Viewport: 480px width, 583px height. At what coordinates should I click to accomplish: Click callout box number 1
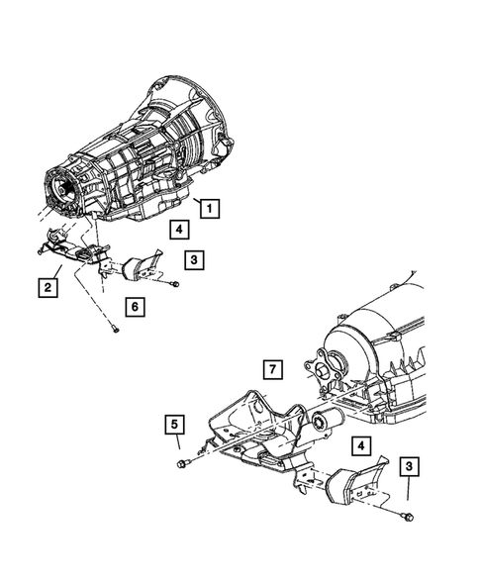pos(208,208)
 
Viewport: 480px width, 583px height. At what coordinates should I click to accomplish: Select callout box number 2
pos(47,288)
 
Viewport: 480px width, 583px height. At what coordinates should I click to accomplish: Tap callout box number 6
pos(134,306)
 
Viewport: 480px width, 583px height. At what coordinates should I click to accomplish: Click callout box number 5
pos(173,427)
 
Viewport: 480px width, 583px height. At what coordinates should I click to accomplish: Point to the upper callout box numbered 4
pos(178,231)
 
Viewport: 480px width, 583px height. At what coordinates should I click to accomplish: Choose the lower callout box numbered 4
pos(364,447)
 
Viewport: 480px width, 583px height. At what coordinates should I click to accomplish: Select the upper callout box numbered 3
pos(195,260)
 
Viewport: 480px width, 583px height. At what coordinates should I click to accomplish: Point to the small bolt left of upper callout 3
pos(174,285)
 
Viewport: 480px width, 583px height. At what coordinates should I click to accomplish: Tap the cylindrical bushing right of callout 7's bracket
pos(322,424)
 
